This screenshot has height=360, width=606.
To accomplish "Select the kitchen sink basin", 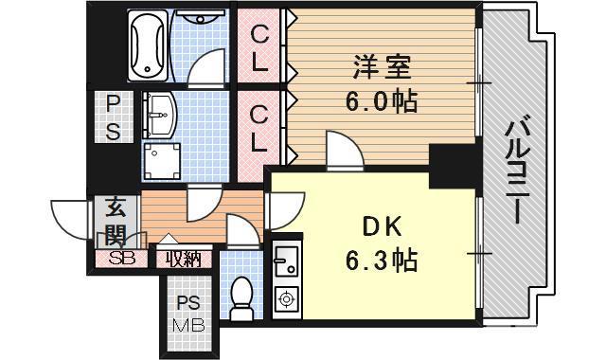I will [285, 257].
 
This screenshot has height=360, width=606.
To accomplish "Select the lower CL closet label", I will [258, 124].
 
